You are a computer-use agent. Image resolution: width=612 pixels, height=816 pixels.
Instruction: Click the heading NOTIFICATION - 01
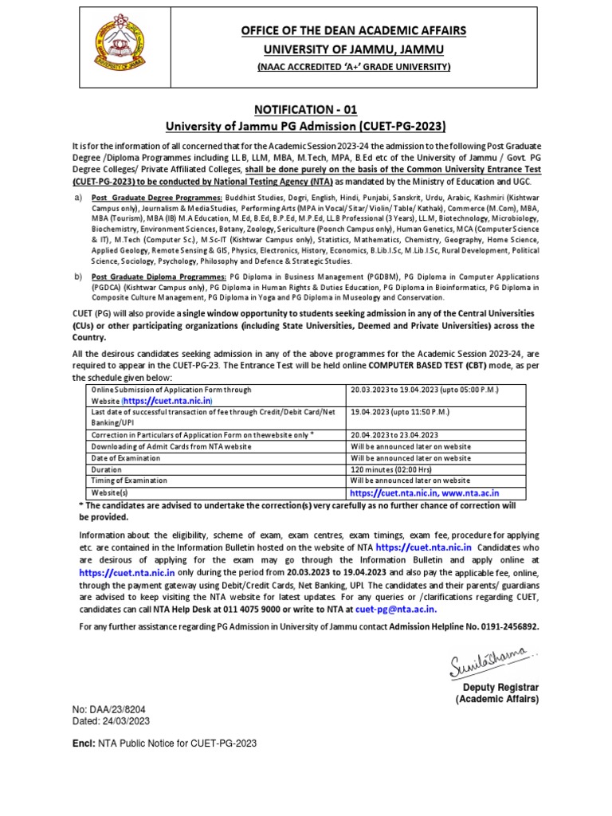(x=305, y=108)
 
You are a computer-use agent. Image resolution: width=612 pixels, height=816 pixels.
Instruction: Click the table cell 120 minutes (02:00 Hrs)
(x=398, y=470)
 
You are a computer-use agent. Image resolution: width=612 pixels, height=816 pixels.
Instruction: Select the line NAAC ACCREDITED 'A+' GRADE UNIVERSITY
(x=353, y=67)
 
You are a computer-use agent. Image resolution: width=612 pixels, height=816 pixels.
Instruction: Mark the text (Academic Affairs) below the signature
(x=497, y=698)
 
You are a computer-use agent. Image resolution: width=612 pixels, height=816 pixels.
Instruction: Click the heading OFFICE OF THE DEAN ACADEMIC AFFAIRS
(x=353, y=30)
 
